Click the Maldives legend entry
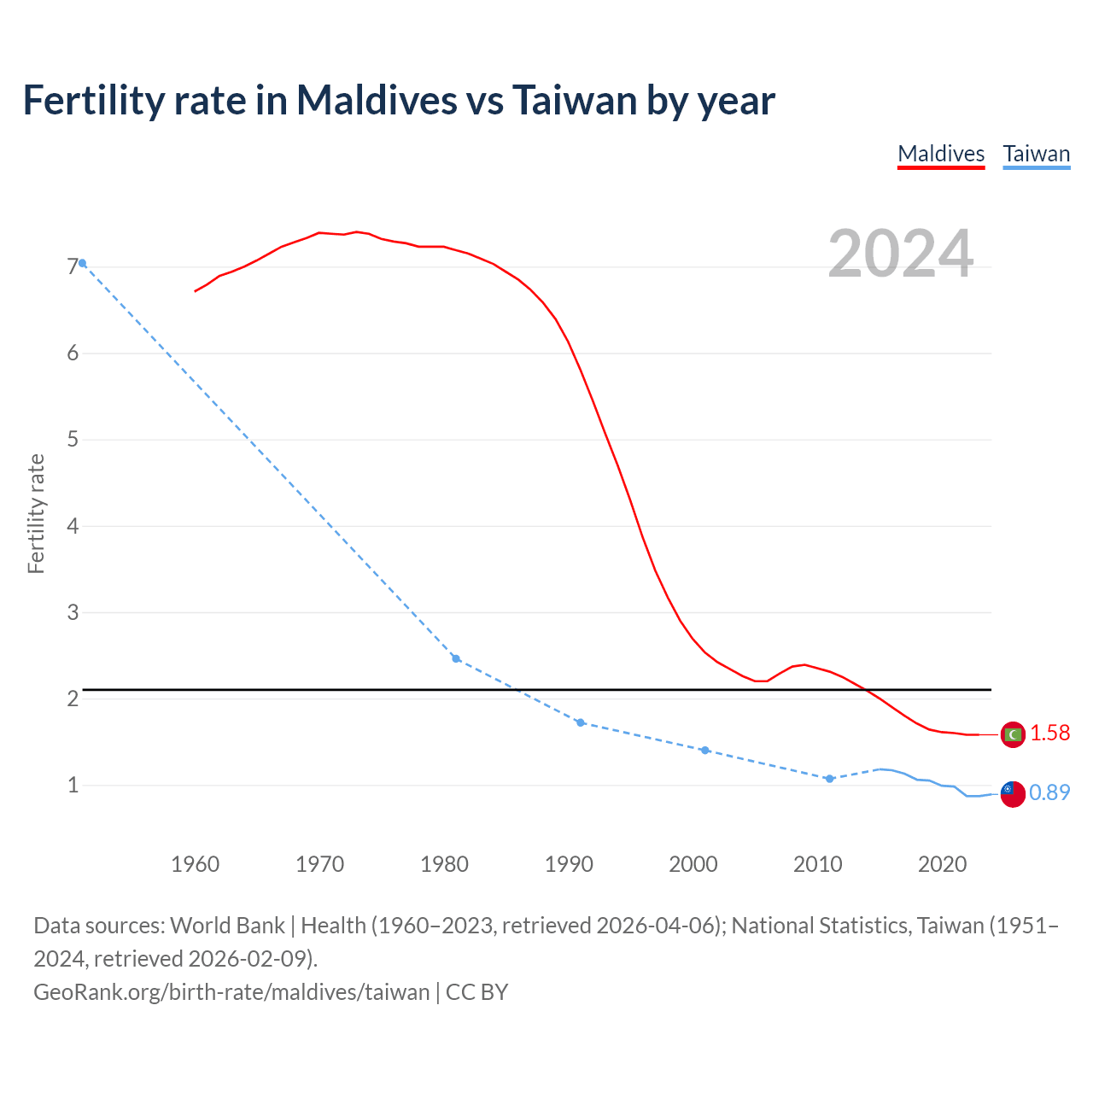click(x=941, y=154)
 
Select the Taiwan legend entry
click(x=1036, y=154)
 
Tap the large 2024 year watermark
click(x=900, y=254)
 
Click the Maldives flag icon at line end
click(x=1013, y=734)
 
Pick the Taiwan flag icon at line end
click(x=1013, y=793)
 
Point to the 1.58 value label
click(x=1049, y=733)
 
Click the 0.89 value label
click(x=1049, y=792)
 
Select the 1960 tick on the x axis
click(x=196, y=864)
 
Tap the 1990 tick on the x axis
click(x=569, y=864)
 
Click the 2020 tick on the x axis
click(x=942, y=864)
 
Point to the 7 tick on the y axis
click(x=73, y=267)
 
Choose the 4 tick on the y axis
click(x=73, y=526)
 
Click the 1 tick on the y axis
click(x=73, y=785)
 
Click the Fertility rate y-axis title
click(x=36, y=514)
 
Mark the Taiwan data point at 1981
click(x=456, y=658)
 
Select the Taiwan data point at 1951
click(x=82, y=263)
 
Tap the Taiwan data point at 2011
click(x=829, y=779)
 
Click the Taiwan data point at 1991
click(x=581, y=722)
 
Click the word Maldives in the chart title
click(x=377, y=100)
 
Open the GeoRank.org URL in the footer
click(x=231, y=991)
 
